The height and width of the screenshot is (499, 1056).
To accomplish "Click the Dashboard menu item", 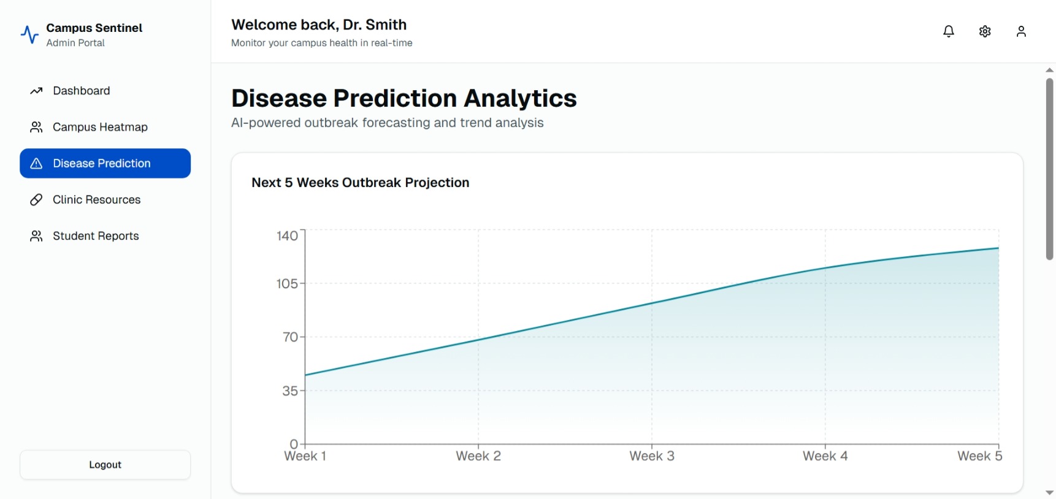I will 81,91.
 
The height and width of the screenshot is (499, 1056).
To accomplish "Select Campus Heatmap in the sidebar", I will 100,127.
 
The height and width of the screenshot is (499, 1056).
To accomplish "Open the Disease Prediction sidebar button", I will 105,163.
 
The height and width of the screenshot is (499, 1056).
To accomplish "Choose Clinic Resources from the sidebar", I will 96,200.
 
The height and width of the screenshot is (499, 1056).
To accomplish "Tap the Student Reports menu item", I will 96,236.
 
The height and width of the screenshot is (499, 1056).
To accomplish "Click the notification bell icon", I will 948,31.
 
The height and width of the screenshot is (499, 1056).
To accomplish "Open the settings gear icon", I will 985,31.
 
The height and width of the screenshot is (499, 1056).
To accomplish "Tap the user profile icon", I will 1021,31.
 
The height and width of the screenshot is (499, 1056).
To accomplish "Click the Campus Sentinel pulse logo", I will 29,34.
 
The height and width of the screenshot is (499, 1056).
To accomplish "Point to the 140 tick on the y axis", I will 287,236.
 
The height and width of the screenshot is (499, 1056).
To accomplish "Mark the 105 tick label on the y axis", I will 287,284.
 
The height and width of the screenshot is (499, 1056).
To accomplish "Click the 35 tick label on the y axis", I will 290,391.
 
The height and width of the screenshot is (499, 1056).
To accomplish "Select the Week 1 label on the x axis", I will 305,456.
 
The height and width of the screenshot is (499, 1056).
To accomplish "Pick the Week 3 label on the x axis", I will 652,456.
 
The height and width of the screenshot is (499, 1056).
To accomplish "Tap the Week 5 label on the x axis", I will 979,456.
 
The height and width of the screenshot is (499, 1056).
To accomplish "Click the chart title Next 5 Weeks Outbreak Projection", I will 360,183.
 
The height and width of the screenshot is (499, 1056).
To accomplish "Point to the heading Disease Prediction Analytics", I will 404,98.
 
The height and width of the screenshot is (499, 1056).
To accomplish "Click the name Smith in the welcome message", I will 386,25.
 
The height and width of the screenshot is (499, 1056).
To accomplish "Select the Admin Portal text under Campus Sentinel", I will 75,43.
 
